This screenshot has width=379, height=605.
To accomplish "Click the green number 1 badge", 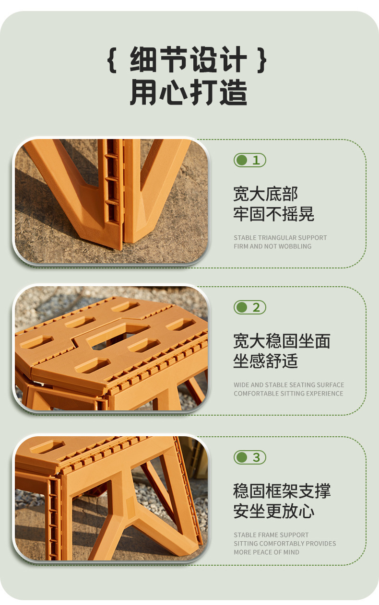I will pyautogui.click(x=249, y=160).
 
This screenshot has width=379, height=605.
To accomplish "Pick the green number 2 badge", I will pyautogui.click(x=249, y=307).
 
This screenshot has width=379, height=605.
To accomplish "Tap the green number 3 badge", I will pyautogui.click(x=249, y=457).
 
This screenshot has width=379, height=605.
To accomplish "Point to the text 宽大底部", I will pyautogui.click(x=265, y=194).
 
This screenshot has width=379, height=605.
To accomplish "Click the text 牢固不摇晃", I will pyautogui.click(x=273, y=214).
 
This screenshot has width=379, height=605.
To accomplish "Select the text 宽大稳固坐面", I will pyautogui.click(x=282, y=341).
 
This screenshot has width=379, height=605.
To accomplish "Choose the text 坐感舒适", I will pyautogui.click(x=265, y=361).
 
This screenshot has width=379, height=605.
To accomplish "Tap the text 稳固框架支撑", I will pyautogui.click(x=282, y=491).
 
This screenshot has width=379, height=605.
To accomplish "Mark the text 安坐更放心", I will pyautogui.click(x=273, y=511).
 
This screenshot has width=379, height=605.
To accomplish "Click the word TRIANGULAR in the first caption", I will pyautogui.click(x=278, y=238).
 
